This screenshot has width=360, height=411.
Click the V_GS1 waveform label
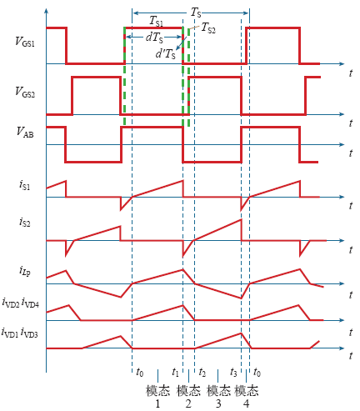point(25,42)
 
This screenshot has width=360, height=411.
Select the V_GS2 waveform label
point(25,92)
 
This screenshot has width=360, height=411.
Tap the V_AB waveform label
point(25,132)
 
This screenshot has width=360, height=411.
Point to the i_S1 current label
point(24,185)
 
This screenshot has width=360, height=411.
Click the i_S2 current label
point(24,222)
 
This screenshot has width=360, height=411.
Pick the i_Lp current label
point(25,270)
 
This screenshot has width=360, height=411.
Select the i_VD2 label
point(11,303)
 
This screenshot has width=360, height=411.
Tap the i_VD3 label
point(29,333)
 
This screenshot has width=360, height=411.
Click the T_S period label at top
point(196,13)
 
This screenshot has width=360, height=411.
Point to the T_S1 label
point(156,21)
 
